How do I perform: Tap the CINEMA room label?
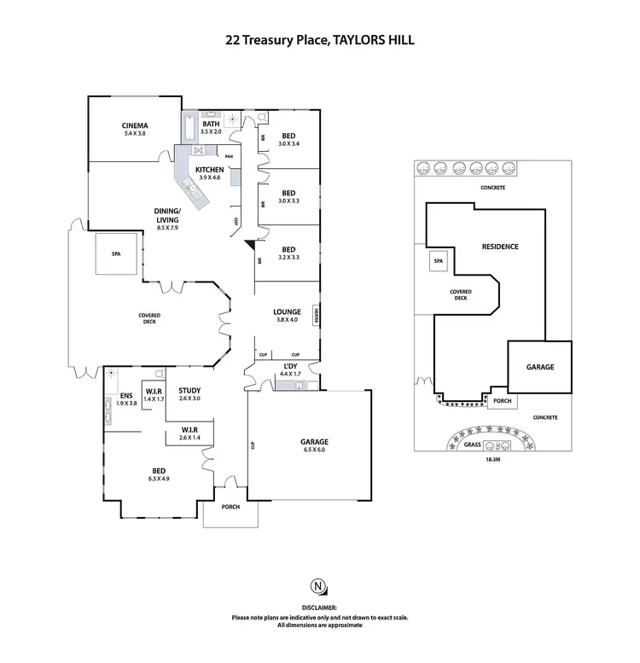tap(136, 130)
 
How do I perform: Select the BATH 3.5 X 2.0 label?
tap(211, 128)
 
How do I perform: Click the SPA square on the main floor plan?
tap(116, 254)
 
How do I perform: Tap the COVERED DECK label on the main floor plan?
tap(149, 319)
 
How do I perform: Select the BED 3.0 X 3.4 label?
tap(288, 139)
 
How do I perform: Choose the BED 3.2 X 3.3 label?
tap(288, 253)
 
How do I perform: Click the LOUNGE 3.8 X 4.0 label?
tap(288, 316)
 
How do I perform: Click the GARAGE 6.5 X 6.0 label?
tap(314, 445)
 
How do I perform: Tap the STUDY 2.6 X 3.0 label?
tap(189, 394)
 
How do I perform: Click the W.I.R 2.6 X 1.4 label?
tap(189, 433)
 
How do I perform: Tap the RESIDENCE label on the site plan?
tap(500, 247)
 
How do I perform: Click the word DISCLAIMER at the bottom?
tap(319, 608)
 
